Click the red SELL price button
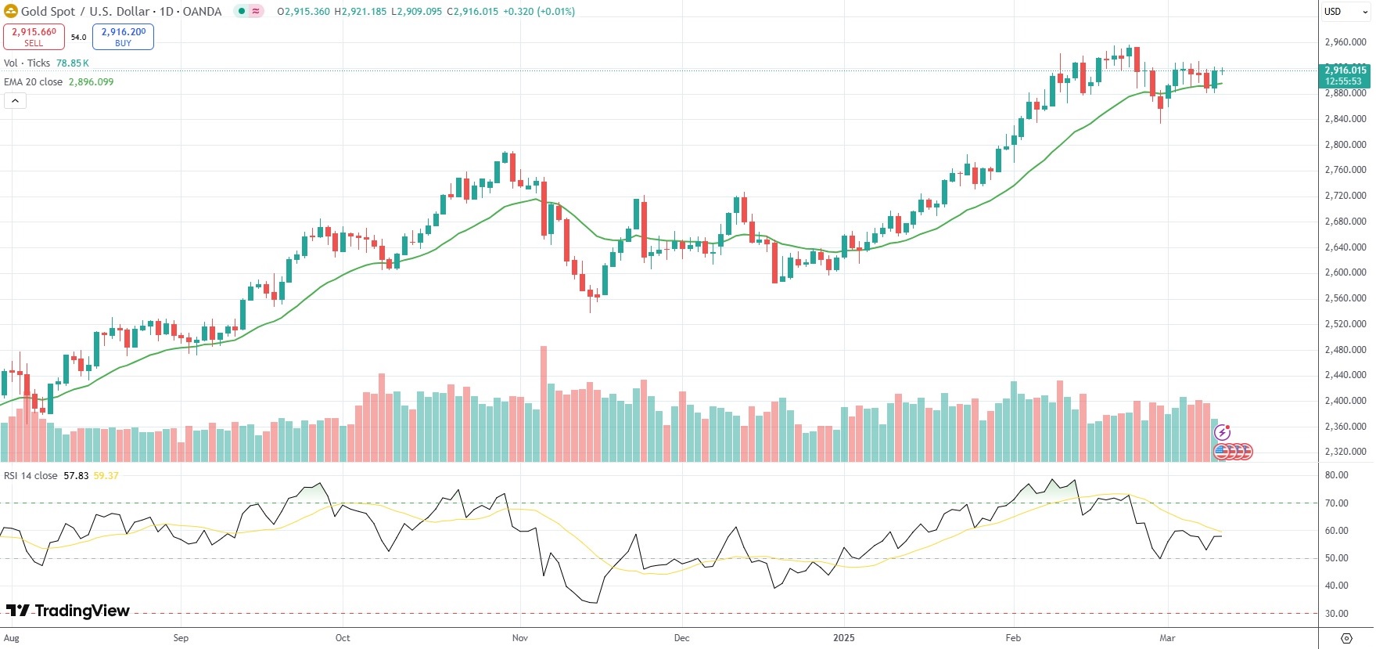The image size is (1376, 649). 34,36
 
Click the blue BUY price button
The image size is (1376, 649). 123,36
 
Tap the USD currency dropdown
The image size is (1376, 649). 1345,12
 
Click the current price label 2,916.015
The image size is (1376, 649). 1345,70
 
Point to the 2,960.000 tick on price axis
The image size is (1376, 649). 1345,42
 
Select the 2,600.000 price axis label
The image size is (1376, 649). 1345,272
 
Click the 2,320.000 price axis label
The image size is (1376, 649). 1345,452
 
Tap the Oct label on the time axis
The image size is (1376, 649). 343,638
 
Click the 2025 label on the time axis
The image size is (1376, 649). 844,638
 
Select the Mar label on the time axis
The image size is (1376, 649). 1167,638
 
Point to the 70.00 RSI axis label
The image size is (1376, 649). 1336,503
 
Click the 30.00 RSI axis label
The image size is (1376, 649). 1336,614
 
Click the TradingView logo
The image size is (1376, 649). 68,611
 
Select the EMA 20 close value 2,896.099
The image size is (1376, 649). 91,82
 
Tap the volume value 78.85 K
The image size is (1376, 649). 72,63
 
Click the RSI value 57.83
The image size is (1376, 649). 76,476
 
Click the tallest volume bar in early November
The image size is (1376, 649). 544,403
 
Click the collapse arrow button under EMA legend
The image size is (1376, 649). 15,101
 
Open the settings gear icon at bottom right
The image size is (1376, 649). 1346,638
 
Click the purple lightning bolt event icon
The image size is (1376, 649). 1223,432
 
